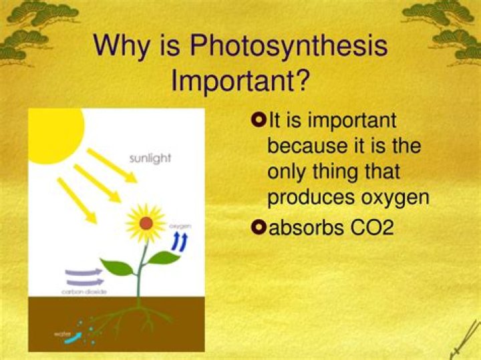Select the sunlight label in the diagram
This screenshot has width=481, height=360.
pyautogui.click(x=150, y=158)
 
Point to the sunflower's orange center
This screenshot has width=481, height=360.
pyautogui.click(x=145, y=222)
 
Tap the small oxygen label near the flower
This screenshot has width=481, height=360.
pyautogui.click(x=180, y=227)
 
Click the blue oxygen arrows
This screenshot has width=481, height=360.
pyautogui.click(x=180, y=242)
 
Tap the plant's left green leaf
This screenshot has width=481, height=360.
pyautogui.click(x=118, y=268)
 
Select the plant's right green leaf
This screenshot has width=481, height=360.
pyautogui.click(x=164, y=257)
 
